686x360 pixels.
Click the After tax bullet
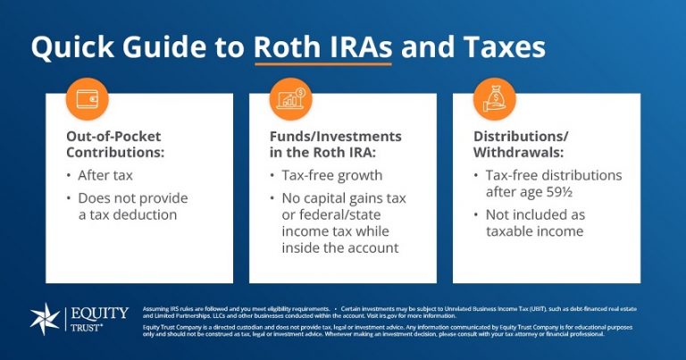[x=105, y=175]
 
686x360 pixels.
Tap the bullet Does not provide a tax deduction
[x=132, y=206]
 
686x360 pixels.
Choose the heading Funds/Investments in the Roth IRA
[x=335, y=146]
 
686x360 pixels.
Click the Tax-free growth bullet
[x=331, y=175]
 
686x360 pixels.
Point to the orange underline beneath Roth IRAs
[x=322, y=64]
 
